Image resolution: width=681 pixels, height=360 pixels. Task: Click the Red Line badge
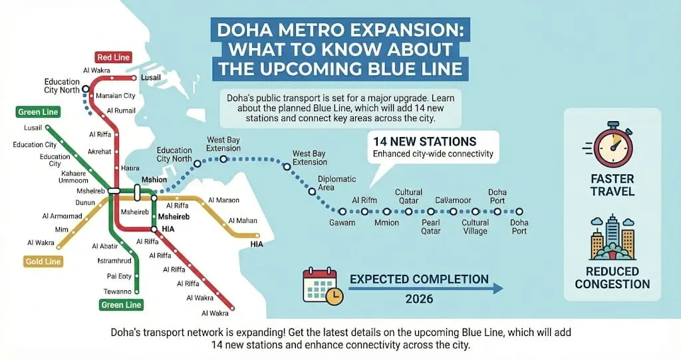point(113,57)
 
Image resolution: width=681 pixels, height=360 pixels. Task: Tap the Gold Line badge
point(43,262)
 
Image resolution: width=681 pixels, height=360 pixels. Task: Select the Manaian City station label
point(116,96)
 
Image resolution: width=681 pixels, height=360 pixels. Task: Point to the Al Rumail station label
point(120,110)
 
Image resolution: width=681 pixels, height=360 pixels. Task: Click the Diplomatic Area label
point(337,183)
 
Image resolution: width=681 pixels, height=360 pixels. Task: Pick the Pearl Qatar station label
point(431,227)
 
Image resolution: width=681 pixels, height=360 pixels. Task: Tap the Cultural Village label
point(476,227)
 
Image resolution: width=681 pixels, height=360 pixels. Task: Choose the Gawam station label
point(342,223)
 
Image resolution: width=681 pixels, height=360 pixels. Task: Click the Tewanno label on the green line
point(118,291)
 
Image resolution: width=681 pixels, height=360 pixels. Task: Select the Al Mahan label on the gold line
point(242,221)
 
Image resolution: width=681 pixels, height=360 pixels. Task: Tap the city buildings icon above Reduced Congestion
point(613,239)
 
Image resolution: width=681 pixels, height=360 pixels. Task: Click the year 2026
point(419,299)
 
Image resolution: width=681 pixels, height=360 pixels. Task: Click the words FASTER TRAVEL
point(612,185)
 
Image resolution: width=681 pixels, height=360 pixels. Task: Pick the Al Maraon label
point(223,200)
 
